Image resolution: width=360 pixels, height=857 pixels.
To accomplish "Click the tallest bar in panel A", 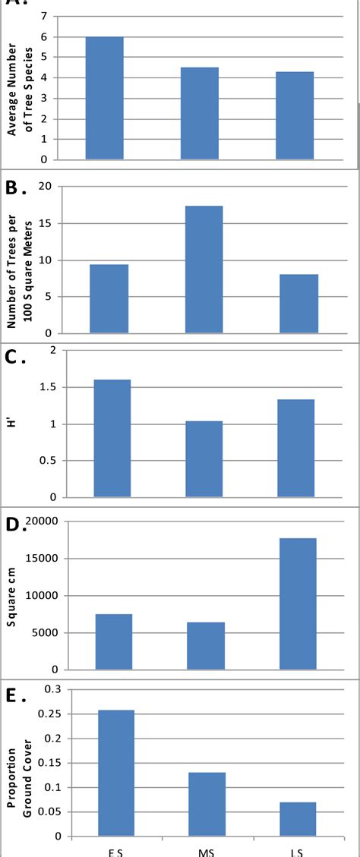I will click(x=104, y=98).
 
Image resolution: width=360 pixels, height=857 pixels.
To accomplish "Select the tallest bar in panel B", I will click(x=204, y=269).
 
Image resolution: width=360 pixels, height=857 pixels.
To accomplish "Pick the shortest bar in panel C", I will click(x=204, y=459).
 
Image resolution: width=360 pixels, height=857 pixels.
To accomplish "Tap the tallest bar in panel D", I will click(x=298, y=603).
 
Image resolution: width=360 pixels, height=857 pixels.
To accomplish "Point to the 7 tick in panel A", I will click(x=54, y=16).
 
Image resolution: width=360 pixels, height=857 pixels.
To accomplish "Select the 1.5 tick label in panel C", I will click(x=48, y=387).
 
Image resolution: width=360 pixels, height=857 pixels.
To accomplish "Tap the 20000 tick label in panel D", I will click(x=43, y=521).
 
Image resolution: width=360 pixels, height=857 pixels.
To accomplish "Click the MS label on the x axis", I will click(x=206, y=851).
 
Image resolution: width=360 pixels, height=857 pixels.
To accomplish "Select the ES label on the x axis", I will click(x=115, y=851).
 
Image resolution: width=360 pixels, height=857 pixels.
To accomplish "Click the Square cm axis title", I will click(x=11, y=596).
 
